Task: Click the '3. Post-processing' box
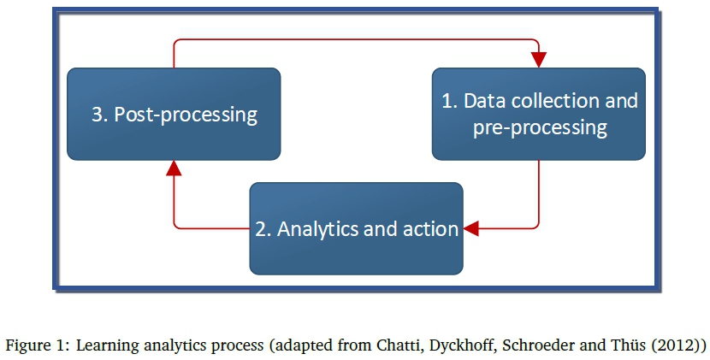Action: coord(174,114)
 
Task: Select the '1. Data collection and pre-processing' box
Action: coord(538,114)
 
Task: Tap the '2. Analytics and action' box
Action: coord(356,227)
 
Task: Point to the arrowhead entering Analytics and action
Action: coord(471,228)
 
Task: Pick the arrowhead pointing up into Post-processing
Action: coord(174,168)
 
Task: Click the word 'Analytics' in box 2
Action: coord(316,228)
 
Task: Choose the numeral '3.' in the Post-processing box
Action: coord(100,114)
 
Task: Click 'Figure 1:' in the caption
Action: coord(38,345)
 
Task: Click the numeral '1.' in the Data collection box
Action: coord(450,100)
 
